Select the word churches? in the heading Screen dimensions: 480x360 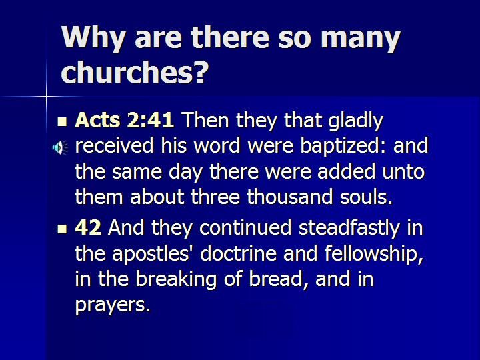pyautogui.click(x=135, y=71)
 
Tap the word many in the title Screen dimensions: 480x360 pyautogui.click(x=360, y=40)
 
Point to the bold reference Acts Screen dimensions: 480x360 pyautogui.click(x=97, y=120)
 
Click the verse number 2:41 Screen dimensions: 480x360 pyautogui.click(x=150, y=120)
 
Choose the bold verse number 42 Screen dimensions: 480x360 pyautogui.click(x=88, y=227)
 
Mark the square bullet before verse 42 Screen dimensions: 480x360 pyautogui.click(x=62, y=229)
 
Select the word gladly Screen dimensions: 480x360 pyautogui.click(x=355, y=121)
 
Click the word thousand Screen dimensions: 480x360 pyautogui.click(x=289, y=197)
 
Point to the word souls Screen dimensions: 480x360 pyautogui.click(x=366, y=197)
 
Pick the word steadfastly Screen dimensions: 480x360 pyautogui.click(x=349, y=229)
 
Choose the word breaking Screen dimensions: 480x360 pyautogui.click(x=176, y=280)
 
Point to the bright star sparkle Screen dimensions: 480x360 pyautogui.click(x=47, y=97)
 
